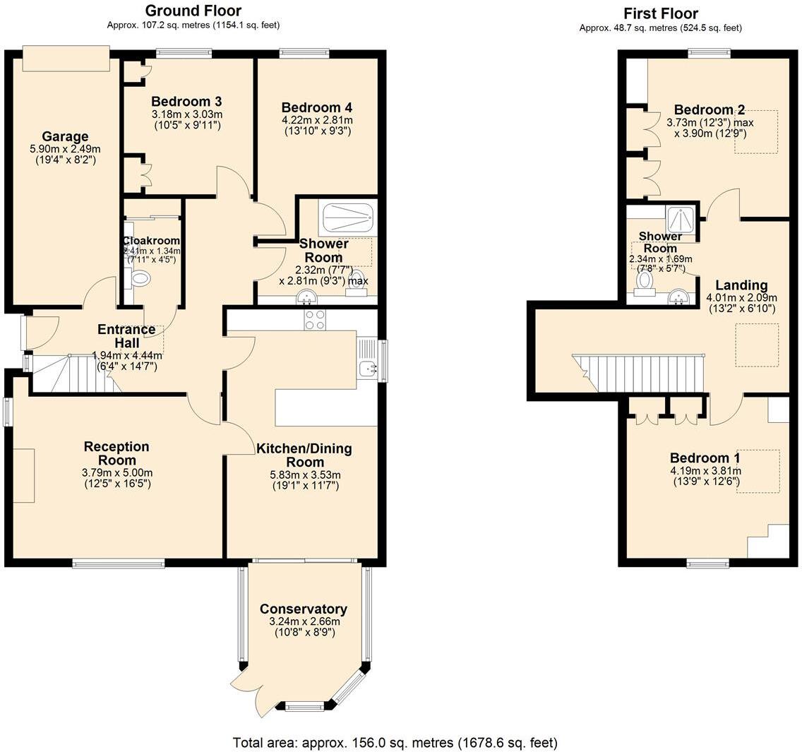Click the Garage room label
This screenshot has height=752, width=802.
coord(65,136)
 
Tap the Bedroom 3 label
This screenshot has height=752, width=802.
coord(181,101)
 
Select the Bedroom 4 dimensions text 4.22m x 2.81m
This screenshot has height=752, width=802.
coord(317,119)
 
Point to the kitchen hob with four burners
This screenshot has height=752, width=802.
coord(314,320)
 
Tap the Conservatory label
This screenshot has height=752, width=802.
coord(303,609)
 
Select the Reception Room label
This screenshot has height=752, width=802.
coord(116,453)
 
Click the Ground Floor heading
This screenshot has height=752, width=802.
coord(193,11)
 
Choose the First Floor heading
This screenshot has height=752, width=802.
coord(661,13)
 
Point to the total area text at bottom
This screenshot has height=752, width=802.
coord(395,743)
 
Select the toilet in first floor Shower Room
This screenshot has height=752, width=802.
coord(645,282)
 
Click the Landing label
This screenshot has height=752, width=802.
coord(741,285)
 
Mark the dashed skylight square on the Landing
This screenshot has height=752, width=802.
coord(757,345)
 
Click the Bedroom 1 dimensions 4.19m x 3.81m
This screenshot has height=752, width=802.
coord(705,471)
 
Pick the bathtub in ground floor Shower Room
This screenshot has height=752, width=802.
coord(347,218)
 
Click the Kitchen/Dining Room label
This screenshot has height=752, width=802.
coord(304,455)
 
